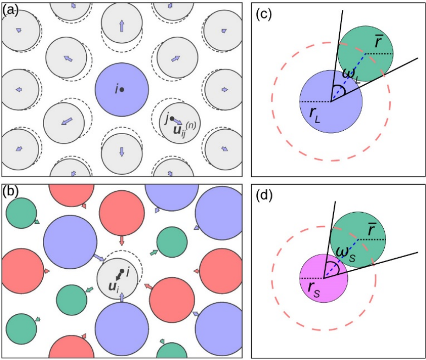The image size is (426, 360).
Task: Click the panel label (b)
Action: (x=10, y=193)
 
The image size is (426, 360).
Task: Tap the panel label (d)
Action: (x=265, y=197)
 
